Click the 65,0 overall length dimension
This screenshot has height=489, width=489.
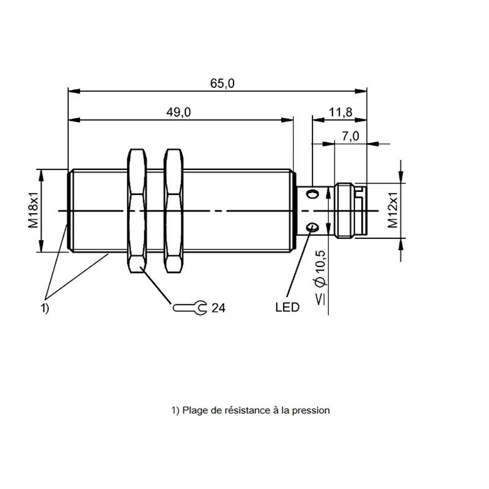pos(222,83)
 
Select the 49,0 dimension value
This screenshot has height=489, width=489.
pos(178,112)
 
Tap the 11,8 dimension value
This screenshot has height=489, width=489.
pos(341,112)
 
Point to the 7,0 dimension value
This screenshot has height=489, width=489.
pos(350,136)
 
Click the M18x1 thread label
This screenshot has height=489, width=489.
pos(34,210)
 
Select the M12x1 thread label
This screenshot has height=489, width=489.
pos(392,210)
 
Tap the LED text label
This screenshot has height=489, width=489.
pos(287,307)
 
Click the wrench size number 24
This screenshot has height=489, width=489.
pos(218,308)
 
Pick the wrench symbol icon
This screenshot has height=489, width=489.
pos(189,308)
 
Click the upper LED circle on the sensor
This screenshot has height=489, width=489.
pos(312,194)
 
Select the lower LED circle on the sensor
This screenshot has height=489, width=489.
pos(312,227)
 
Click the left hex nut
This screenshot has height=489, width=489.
pos(137,211)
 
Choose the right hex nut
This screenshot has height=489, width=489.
pos(174,211)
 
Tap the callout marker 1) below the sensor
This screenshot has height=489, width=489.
pos(45,308)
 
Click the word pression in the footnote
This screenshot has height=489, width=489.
pos(311,411)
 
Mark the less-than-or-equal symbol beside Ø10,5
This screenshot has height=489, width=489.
pos(320,299)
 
